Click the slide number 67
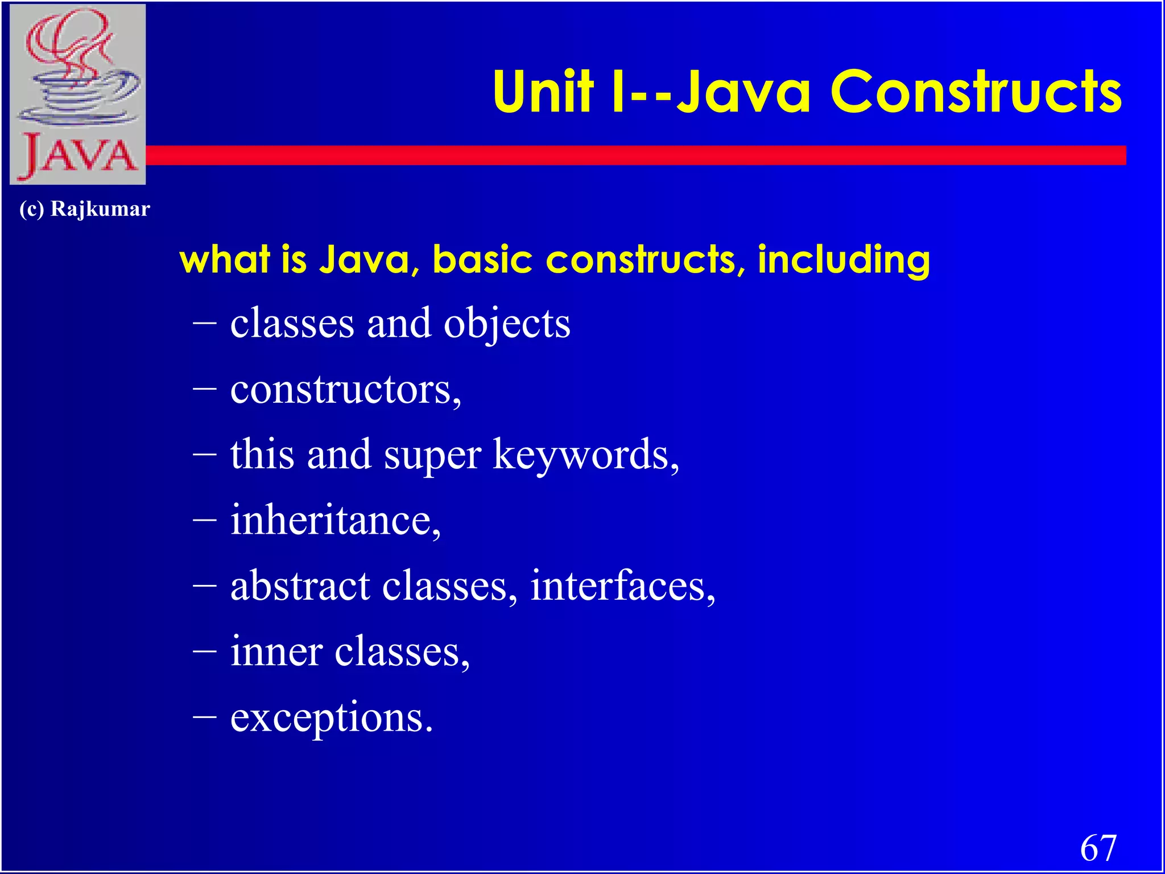(1098, 848)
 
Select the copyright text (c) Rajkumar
(85, 209)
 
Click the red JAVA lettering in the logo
(79, 155)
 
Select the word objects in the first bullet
(507, 323)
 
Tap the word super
(432, 455)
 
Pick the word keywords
(584, 455)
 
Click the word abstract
(300, 586)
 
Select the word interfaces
(621, 586)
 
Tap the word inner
(276, 651)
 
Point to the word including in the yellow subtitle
(844, 259)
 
